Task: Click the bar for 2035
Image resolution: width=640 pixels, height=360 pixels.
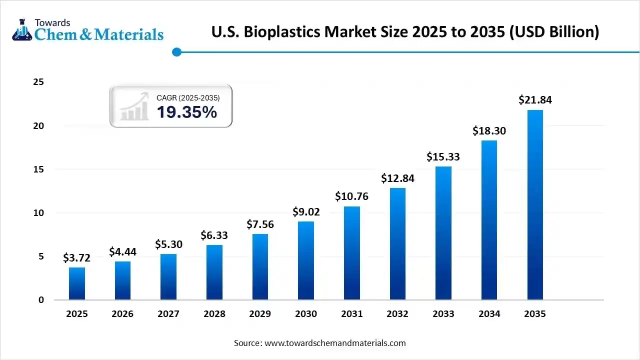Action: click(x=535, y=205)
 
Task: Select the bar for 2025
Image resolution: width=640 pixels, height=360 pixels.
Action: click(x=77, y=283)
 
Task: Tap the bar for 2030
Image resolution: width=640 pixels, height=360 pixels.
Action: click(x=306, y=260)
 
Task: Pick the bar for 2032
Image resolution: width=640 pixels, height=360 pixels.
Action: click(x=397, y=244)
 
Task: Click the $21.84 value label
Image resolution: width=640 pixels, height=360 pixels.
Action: click(x=535, y=100)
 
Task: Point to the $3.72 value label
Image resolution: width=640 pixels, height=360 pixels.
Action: click(x=77, y=258)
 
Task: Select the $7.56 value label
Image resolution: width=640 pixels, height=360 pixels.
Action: click(x=260, y=224)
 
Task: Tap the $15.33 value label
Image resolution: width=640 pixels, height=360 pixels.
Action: click(x=443, y=157)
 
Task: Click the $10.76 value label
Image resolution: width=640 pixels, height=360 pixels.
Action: click(x=351, y=196)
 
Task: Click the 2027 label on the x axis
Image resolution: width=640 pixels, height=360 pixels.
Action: click(x=168, y=314)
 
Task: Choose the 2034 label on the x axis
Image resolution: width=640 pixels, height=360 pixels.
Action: click(x=489, y=314)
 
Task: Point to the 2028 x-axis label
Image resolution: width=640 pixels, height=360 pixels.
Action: click(x=214, y=314)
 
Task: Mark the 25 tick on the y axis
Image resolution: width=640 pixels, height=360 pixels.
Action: click(x=38, y=82)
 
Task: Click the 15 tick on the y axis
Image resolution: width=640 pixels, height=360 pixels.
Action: click(x=38, y=169)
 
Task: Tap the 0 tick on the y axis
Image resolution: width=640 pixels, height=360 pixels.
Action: click(x=41, y=300)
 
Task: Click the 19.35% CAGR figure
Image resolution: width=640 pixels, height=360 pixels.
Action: click(x=187, y=112)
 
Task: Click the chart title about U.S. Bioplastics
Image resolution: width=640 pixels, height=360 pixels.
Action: click(x=405, y=32)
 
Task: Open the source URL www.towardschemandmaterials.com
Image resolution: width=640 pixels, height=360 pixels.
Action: click(x=334, y=343)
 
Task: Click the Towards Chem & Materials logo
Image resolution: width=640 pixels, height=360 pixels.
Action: click(x=88, y=30)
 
